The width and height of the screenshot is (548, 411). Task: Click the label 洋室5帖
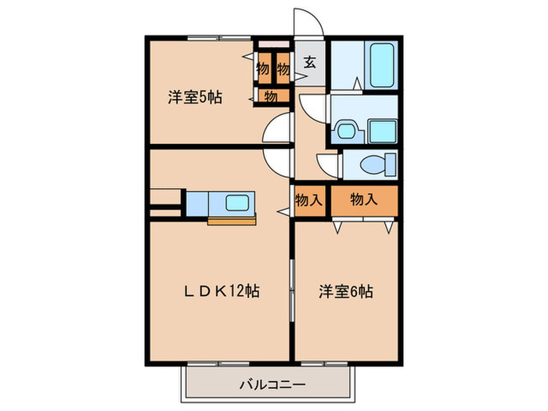[x=194, y=98]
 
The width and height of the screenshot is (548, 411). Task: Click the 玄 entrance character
[x=310, y=63]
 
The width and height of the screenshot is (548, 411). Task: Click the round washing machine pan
[x=344, y=129]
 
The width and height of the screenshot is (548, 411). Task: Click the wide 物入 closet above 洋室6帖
[x=364, y=200]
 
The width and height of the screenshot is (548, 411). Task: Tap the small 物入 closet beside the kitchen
[x=308, y=200]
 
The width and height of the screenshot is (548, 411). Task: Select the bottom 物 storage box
[x=270, y=96]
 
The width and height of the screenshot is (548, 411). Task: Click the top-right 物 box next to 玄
[x=283, y=69]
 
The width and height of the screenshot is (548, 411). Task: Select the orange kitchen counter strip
[x=232, y=220]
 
